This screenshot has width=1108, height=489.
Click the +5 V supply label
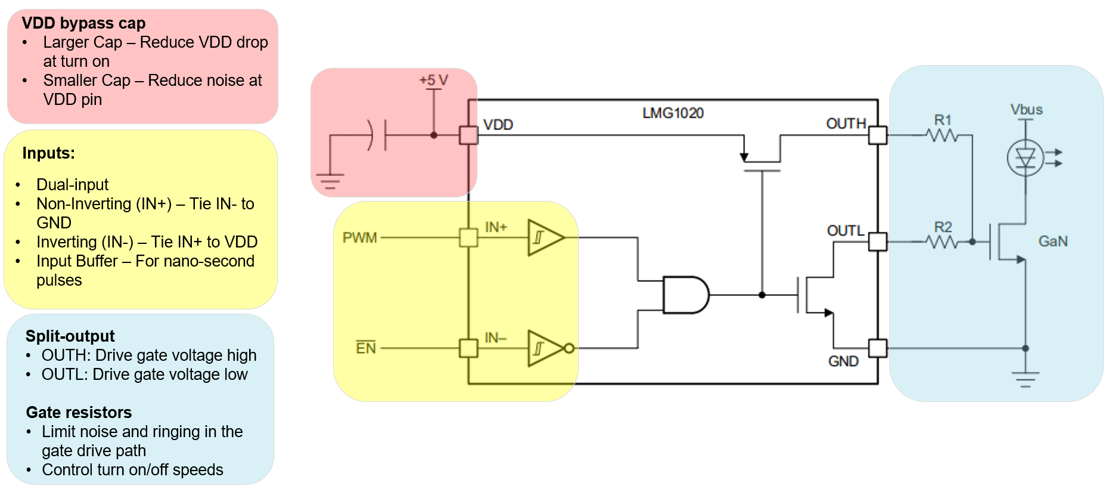coord(433,80)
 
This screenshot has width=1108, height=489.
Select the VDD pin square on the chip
coord(468,135)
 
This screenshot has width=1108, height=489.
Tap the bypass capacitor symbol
coord(378,135)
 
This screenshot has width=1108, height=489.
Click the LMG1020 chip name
coord(673,113)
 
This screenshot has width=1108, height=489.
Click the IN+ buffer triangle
coord(544,237)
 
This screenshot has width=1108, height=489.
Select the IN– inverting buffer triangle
coord(544,348)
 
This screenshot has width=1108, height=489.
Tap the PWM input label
coord(360,238)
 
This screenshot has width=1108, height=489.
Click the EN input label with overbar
coord(366,348)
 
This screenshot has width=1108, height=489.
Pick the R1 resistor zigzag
coord(943,136)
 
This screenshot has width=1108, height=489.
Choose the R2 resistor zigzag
coord(943,242)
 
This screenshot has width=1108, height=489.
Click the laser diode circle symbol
coord(1025,158)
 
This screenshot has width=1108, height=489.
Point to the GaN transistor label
coord(1053,242)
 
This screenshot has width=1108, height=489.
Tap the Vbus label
coord(1026,110)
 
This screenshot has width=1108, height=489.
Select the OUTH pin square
coord(877,135)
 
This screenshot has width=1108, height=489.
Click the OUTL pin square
coord(877,242)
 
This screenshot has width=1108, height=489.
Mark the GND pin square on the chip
coord(877,348)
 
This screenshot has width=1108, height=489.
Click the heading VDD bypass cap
coord(83,23)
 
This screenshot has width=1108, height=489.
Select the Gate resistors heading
coord(79,412)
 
